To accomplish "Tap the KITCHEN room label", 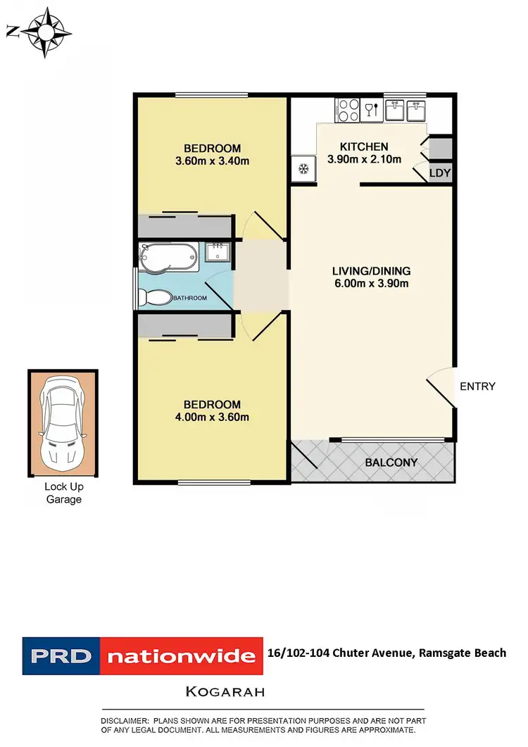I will click(364, 146).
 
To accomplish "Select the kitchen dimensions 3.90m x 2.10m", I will click(364, 159).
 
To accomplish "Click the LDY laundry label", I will click(440, 172).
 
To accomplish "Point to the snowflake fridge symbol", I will click(304, 169).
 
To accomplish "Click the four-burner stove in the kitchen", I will click(348, 109).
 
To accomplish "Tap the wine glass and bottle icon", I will click(371, 110).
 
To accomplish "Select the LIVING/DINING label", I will click(372, 271).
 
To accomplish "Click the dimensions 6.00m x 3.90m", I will click(372, 284).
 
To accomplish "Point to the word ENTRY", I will click(477, 386).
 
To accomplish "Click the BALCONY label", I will click(391, 463).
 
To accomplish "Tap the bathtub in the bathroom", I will click(170, 257).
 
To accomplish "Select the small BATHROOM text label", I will click(191, 299).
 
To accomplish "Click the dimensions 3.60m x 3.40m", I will click(212, 161).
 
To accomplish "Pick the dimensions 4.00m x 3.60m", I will click(212, 417).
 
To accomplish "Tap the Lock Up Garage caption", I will click(63, 493).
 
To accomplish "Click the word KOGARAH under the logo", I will click(225, 691).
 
